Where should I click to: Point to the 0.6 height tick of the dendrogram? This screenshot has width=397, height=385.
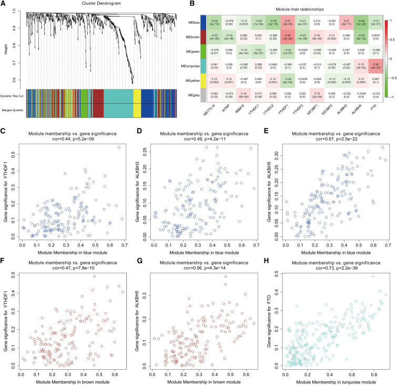tap(19, 80)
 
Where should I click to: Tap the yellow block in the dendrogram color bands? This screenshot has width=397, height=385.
tap(137, 100)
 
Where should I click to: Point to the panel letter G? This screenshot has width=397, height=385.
tap(135, 256)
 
